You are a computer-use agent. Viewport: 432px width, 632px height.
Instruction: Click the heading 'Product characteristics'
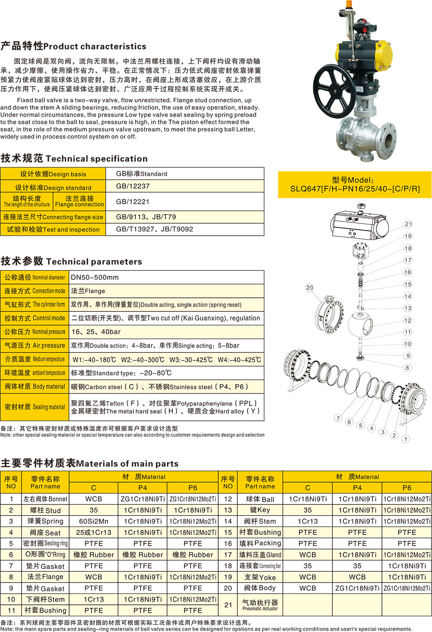click(x=73, y=46)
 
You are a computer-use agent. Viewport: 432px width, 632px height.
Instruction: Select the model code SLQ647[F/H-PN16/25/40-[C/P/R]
click(x=355, y=189)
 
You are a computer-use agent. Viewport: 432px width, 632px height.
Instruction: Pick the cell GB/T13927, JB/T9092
click(x=154, y=229)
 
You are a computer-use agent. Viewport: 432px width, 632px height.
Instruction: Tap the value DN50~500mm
click(x=95, y=278)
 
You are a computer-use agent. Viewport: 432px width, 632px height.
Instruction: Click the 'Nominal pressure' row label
click(x=35, y=332)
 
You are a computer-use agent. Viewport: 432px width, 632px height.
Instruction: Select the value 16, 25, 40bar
click(x=96, y=332)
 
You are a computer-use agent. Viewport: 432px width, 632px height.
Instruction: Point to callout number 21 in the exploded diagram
click(x=408, y=224)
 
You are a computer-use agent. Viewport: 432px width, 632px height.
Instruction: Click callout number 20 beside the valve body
click(x=309, y=288)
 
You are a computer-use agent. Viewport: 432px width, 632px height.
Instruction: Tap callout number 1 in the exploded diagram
click(x=405, y=439)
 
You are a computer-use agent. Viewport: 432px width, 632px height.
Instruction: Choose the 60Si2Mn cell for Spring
click(x=94, y=521)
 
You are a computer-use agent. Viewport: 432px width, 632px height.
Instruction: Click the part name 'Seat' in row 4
click(x=45, y=533)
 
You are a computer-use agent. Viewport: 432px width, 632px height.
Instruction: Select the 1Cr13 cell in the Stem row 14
click(x=308, y=521)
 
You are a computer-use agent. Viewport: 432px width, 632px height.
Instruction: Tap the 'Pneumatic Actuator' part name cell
click(x=260, y=605)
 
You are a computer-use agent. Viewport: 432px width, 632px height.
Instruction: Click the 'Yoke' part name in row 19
click(x=260, y=577)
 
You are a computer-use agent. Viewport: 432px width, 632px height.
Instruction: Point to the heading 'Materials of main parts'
click(x=89, y=464)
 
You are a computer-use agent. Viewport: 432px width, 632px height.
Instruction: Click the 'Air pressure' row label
click(x=35, y=345)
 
